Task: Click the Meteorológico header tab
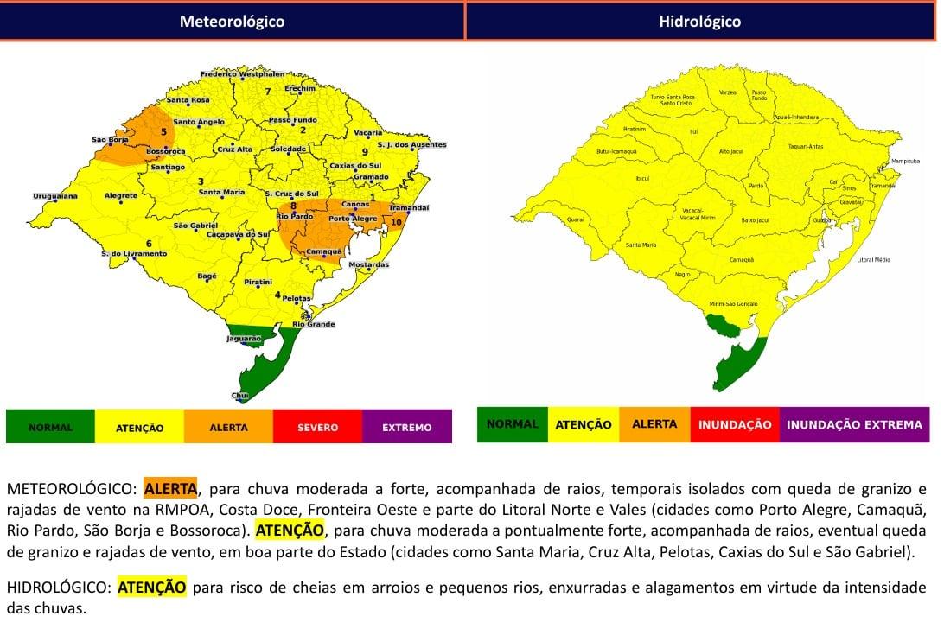(x=232, y=22)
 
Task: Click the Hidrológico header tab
(x=699, y=22)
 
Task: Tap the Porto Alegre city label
(x=352, y=219)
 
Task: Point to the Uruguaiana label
(x=55, y=196)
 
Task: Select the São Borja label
(x=110, y=139)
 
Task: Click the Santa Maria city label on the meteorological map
(x=221, y=192)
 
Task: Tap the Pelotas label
(x=297, y=298)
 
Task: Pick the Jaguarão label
(x=243, y=339)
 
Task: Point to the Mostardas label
(x=368, y=264)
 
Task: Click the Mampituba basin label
(x=905, y=162)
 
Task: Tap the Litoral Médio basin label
(x=873, y=259)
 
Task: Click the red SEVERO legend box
(x=317, y=427)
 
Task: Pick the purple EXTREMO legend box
(x=406, y=427)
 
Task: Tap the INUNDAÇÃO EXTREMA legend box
(x=853, y=424)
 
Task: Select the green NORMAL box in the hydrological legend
(x=512, y=424)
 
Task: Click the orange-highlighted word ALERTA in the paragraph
(x=170, y=489)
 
